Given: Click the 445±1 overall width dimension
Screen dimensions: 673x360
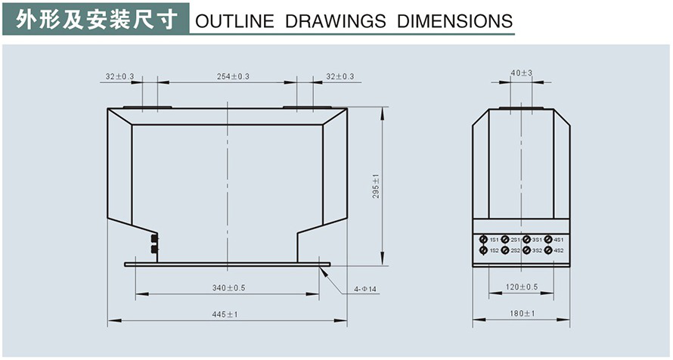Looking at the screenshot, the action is (x=225, y=315).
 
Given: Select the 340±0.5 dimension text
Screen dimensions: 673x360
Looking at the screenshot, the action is (x=229, y=288).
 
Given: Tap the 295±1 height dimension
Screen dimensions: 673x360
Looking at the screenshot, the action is (x=376, y=187).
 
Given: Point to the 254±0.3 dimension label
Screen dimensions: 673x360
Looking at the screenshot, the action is (x=233, y=76).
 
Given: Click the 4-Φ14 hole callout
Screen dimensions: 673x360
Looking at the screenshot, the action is (x=364, y=289).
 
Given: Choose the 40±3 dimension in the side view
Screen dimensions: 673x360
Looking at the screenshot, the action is (x=522, y=73).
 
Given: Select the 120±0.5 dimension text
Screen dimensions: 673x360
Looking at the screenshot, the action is (x=522, y=287).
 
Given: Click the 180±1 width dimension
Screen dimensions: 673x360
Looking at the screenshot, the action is (x=523, y=314).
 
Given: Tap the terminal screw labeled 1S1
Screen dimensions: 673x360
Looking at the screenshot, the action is (x=483, y=240).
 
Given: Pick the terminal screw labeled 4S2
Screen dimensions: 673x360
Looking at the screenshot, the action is (x=548, y=250).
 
